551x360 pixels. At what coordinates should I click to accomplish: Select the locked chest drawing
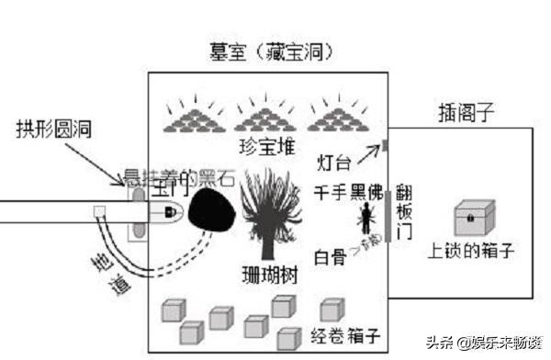tap(475, 219)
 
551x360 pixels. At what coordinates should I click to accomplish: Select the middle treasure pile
tap(268, 117)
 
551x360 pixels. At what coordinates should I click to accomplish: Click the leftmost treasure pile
tap(195, 117)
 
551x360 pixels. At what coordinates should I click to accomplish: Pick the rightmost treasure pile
tap(340, 117)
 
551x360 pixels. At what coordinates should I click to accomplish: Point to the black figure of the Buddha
tap(367, 219)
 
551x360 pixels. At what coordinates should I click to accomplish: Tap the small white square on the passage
tap(98, 212)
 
